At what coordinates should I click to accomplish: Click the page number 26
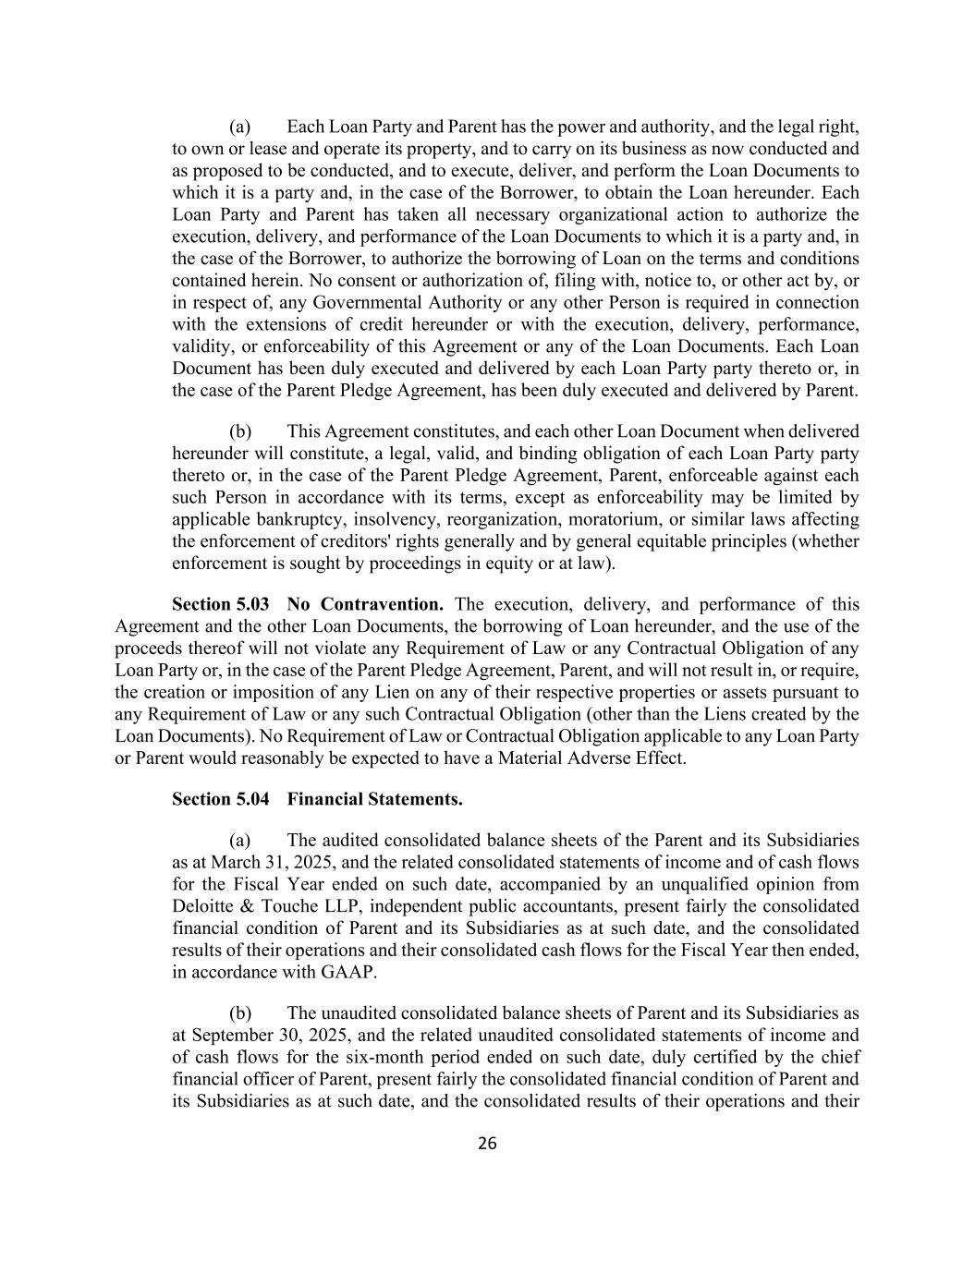click(487, 1144)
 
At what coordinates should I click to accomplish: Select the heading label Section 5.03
click(221, 605)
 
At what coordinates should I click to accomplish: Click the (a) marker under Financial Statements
click(240, 841)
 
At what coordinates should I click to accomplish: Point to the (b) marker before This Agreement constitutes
click(240, 431)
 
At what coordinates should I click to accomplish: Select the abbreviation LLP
click(335, 906)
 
